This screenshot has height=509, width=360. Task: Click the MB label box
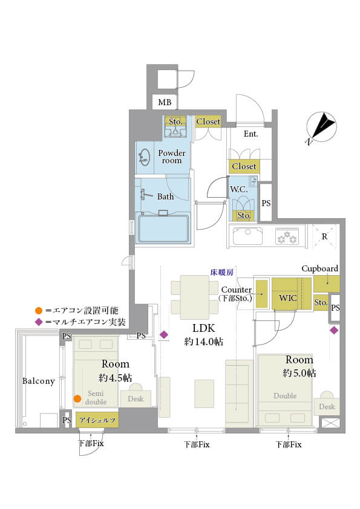pos(165,102)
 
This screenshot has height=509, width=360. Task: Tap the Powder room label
pos(172,157)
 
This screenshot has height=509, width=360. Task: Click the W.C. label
pos(237,189)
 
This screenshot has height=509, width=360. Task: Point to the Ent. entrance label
pos(251,134)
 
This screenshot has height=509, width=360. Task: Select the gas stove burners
pos(287,236)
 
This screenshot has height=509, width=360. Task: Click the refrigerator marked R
pos(324,236)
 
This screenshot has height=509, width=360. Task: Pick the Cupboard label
pos(319,268)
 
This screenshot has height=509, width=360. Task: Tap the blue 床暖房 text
pos(221,272)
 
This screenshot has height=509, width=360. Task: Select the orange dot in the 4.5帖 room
pos(77,398)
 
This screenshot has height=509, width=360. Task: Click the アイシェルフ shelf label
pos(96,419)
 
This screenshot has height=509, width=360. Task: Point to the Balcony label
pos(39,381)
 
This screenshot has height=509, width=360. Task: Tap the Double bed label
pos(285,396)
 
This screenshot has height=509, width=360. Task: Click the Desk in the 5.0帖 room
pos(327,407)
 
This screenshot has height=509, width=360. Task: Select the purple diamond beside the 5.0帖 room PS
pos(333,330)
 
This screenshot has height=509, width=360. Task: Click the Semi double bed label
pos(96,397)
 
